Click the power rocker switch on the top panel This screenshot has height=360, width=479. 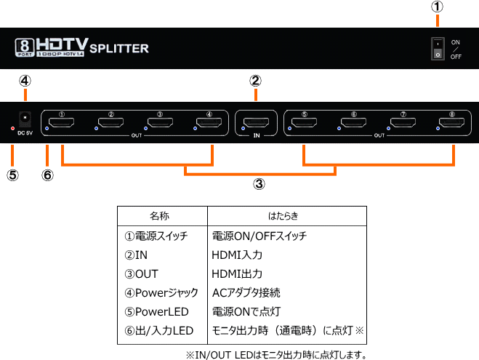tap(438, 49)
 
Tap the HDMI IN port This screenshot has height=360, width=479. tap(256, 124)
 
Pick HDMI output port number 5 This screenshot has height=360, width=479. tap(305, 124)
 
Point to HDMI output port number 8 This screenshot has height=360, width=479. tap(451, 124)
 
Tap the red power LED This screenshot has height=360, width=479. tap(12, 128)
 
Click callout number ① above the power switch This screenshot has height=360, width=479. tap(438, 7)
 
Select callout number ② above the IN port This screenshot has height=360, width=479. tap(256, 81)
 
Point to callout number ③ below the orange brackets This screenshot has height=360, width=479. tap(259, 184)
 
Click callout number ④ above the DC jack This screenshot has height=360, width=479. tap(25, 81)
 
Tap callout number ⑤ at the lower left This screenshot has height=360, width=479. tap(12, 176)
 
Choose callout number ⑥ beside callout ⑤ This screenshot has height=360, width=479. tap(48, 176)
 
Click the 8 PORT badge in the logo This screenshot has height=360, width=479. tap(25, 48)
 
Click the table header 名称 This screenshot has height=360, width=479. tap(160, 216)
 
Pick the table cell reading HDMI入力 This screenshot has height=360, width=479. tap(237, 255)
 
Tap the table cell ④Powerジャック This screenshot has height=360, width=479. tap(161, 292)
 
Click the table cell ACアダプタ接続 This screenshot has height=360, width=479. tap(246, 292)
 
